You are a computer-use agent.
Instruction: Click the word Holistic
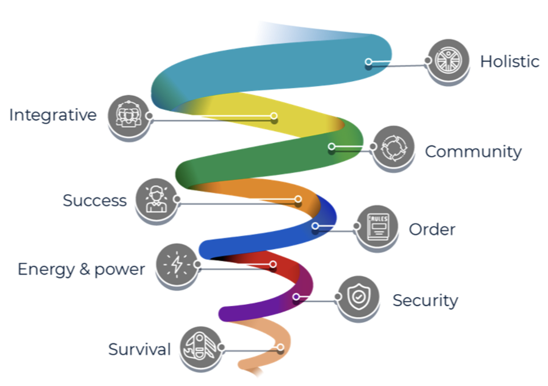pos(509,61)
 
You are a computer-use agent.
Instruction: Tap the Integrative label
pos(53,115)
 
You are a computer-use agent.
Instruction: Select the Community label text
pos(473,151)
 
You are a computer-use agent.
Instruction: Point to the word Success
pos(95,201)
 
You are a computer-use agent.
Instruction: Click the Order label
pos(432,229)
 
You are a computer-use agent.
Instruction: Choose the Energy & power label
pos(81,269)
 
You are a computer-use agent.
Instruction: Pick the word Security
pos(425,300)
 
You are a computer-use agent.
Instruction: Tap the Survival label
pos(139,349)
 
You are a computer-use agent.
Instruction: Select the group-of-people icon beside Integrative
pos(128,115)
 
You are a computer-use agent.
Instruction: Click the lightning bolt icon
pos(176,264)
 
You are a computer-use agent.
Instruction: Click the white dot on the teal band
pos(368,62)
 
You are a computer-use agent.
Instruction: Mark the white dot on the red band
pos(273,264)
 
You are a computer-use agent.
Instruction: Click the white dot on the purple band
pos(296,297)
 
